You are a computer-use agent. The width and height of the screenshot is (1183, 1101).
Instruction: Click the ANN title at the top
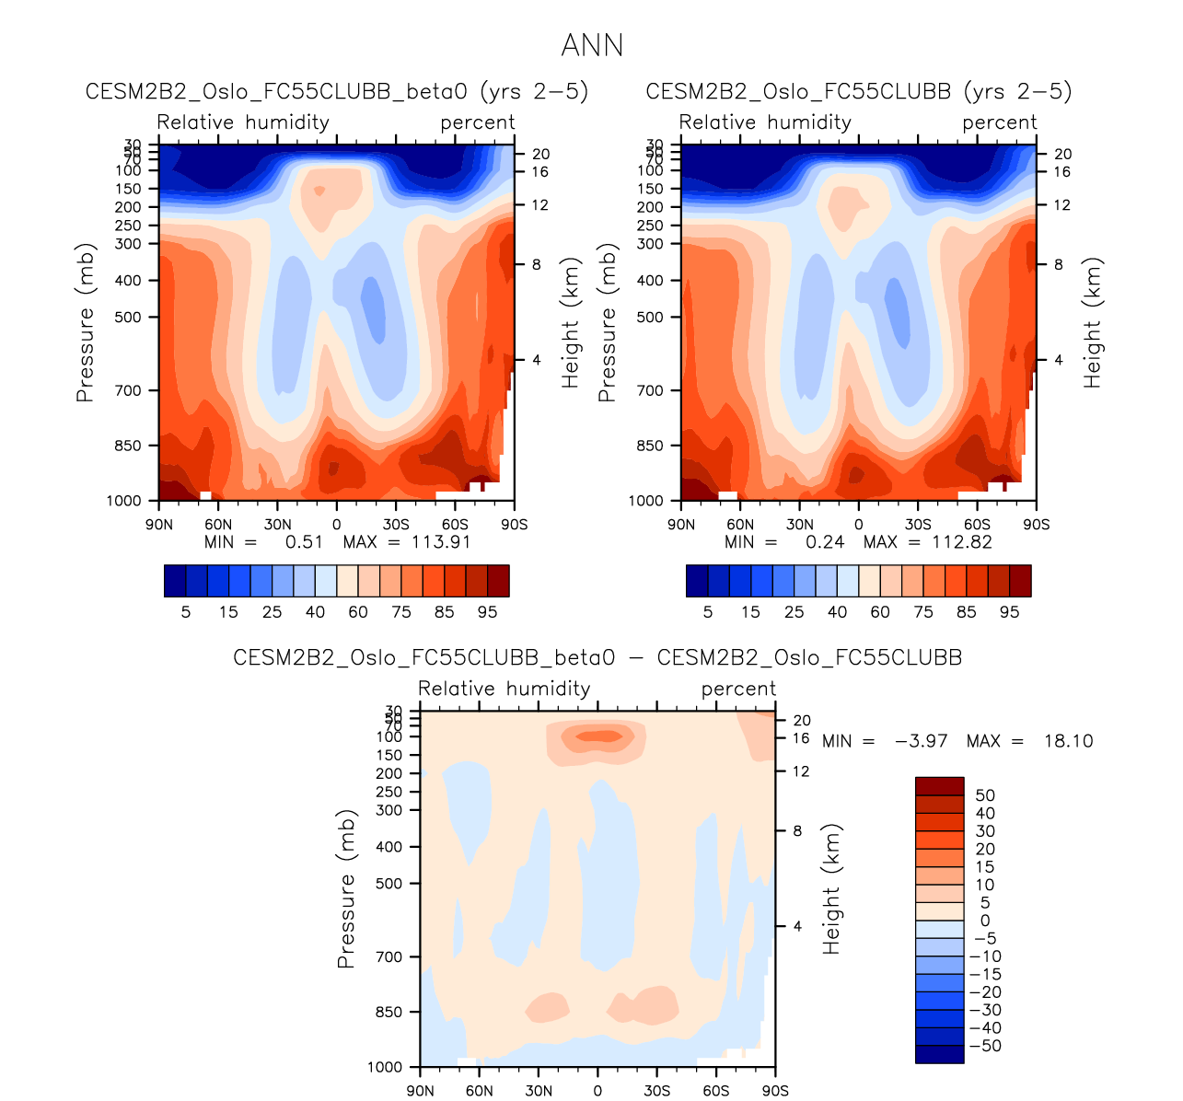pos(592,45)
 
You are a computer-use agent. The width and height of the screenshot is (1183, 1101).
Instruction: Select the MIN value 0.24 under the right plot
pos(825,541)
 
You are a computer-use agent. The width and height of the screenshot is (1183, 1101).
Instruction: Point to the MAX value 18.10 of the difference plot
pos(1068,741)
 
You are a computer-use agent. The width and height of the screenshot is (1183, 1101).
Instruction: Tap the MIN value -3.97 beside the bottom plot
pos(921,741)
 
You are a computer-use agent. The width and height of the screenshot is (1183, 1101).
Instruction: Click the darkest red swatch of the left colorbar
pos(498,581)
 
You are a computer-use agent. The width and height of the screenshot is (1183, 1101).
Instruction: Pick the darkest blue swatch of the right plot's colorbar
pos(697,581)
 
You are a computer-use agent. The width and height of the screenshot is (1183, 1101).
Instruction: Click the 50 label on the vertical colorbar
pos(985,795)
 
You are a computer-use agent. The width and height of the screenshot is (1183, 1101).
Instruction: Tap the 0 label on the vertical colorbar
pos(985,921)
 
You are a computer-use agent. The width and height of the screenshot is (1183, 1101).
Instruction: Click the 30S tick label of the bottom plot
pos(656,1091)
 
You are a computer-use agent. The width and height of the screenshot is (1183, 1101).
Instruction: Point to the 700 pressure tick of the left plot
pos(129,390)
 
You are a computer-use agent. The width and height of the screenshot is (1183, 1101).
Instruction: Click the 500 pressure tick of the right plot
pos(651,317)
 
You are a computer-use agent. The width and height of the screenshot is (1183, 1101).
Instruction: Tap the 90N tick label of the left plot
pos(159,525)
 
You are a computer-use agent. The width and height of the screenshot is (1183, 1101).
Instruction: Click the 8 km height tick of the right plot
pos(1058,265)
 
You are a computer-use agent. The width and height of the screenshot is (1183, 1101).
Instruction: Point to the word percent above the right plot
pos(1000,122)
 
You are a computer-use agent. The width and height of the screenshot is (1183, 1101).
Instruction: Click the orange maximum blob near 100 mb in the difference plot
pos(598,736)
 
